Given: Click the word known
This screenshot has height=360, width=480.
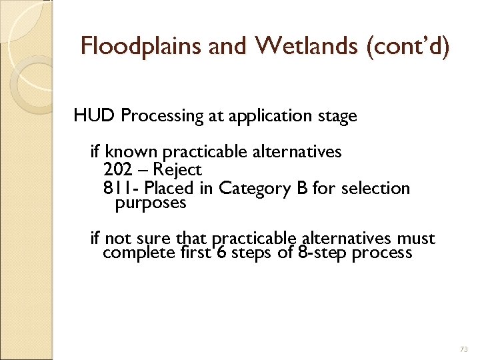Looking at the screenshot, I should (127, 152).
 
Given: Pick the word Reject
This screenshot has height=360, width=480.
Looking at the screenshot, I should (177, 170).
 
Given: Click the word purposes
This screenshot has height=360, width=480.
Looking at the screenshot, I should (151, 203).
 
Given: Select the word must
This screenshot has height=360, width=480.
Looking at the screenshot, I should (416, 239).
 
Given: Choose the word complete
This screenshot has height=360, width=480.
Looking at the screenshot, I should (139, 253).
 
